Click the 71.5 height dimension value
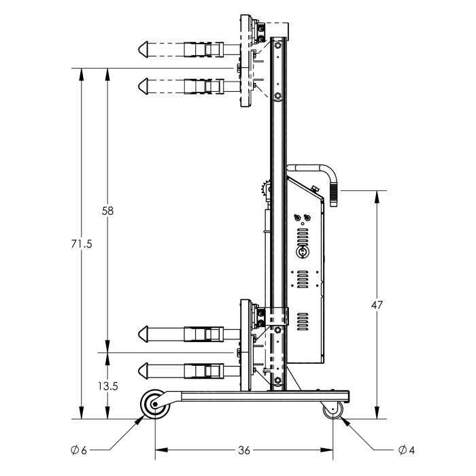(81, 243)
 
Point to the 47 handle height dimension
(376, 306)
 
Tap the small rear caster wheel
(333, 411)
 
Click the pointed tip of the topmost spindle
(141, 49)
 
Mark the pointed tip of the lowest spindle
(141, 371)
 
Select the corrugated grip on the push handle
(335, 192)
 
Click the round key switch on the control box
(302, 252)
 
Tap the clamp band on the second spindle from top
(205, 86)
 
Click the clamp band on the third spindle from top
(205, 334)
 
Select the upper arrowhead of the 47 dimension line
(376, 194)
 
